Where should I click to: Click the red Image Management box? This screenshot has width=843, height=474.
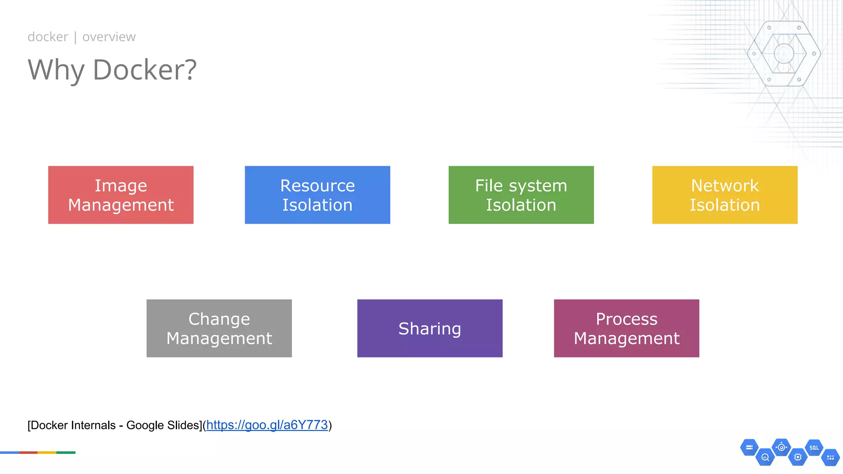tap(121, 195)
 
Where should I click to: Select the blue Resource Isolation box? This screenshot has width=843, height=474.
tap(317, 195)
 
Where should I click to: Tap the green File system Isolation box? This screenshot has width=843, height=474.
tap(521, 195)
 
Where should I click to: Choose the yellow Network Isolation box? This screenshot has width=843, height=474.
tap(725, 195)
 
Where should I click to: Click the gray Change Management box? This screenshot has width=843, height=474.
tap(219, 328)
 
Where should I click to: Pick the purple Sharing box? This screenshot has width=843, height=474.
tap(430, 328)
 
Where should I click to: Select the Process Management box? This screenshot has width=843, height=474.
tap(626, 328)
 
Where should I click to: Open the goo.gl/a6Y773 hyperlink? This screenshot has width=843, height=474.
tap(267, 425)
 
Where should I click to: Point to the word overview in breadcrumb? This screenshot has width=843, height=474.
tap(109, 37)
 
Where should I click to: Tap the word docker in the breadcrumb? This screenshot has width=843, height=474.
tap(48, 37)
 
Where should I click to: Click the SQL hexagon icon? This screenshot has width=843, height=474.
tap(814, 448)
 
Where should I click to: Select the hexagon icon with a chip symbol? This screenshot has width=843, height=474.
tap(798, 457)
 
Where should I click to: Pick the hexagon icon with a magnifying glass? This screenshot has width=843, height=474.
tap(765, 457)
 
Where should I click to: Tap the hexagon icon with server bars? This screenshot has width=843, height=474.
tap(749, 448)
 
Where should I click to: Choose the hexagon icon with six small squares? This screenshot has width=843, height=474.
tap(830, 457)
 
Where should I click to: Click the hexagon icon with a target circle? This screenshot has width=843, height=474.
tap(781, 447)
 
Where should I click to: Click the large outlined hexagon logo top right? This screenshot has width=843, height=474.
tap(784, 53)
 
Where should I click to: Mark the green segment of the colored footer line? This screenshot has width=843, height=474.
tap(66, 453)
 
